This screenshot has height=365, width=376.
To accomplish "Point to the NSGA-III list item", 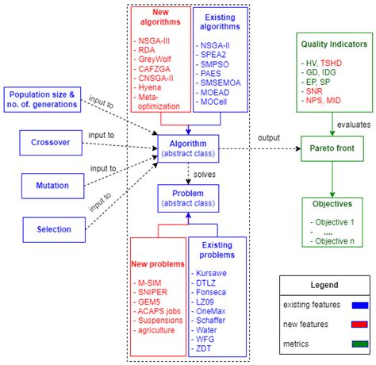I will (158, 37).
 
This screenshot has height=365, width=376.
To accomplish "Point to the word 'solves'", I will (205, 172).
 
